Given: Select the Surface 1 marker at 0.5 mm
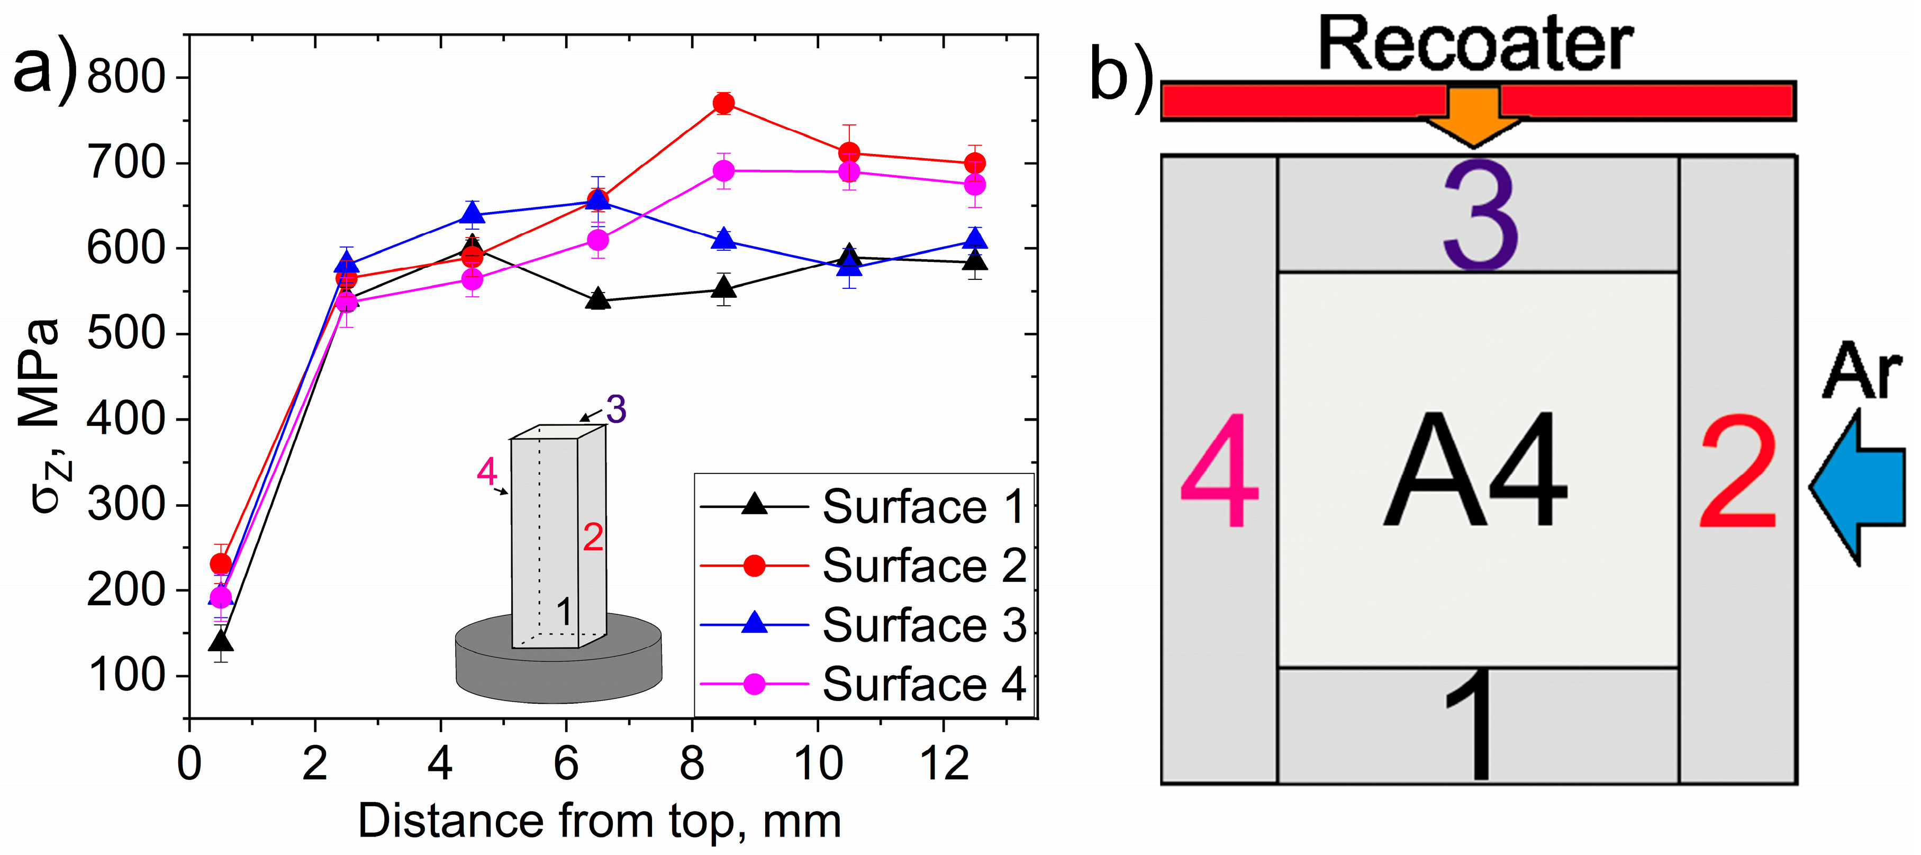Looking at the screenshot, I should tap(221, 641).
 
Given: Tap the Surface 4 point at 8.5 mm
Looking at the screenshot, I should tap(722, 171).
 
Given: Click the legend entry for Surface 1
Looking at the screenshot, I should tap(862, 507).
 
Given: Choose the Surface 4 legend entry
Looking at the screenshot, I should tap(862, 684).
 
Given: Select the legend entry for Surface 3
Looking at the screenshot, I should tap(862, 625).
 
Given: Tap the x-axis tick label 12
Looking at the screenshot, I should tap(944, 764).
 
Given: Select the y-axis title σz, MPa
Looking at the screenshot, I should tap(45, 417).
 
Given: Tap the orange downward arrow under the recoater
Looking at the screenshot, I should tap(1474, 119).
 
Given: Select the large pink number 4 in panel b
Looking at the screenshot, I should tap(1220, 471).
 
